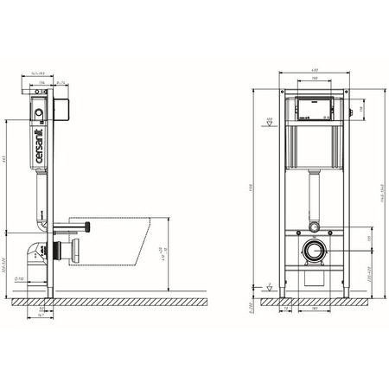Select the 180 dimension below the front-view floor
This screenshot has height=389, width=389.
314,306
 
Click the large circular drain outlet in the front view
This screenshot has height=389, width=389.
314,254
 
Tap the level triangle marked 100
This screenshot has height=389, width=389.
269,123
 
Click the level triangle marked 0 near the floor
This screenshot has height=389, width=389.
269,286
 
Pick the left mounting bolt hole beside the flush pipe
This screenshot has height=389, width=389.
296,230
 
